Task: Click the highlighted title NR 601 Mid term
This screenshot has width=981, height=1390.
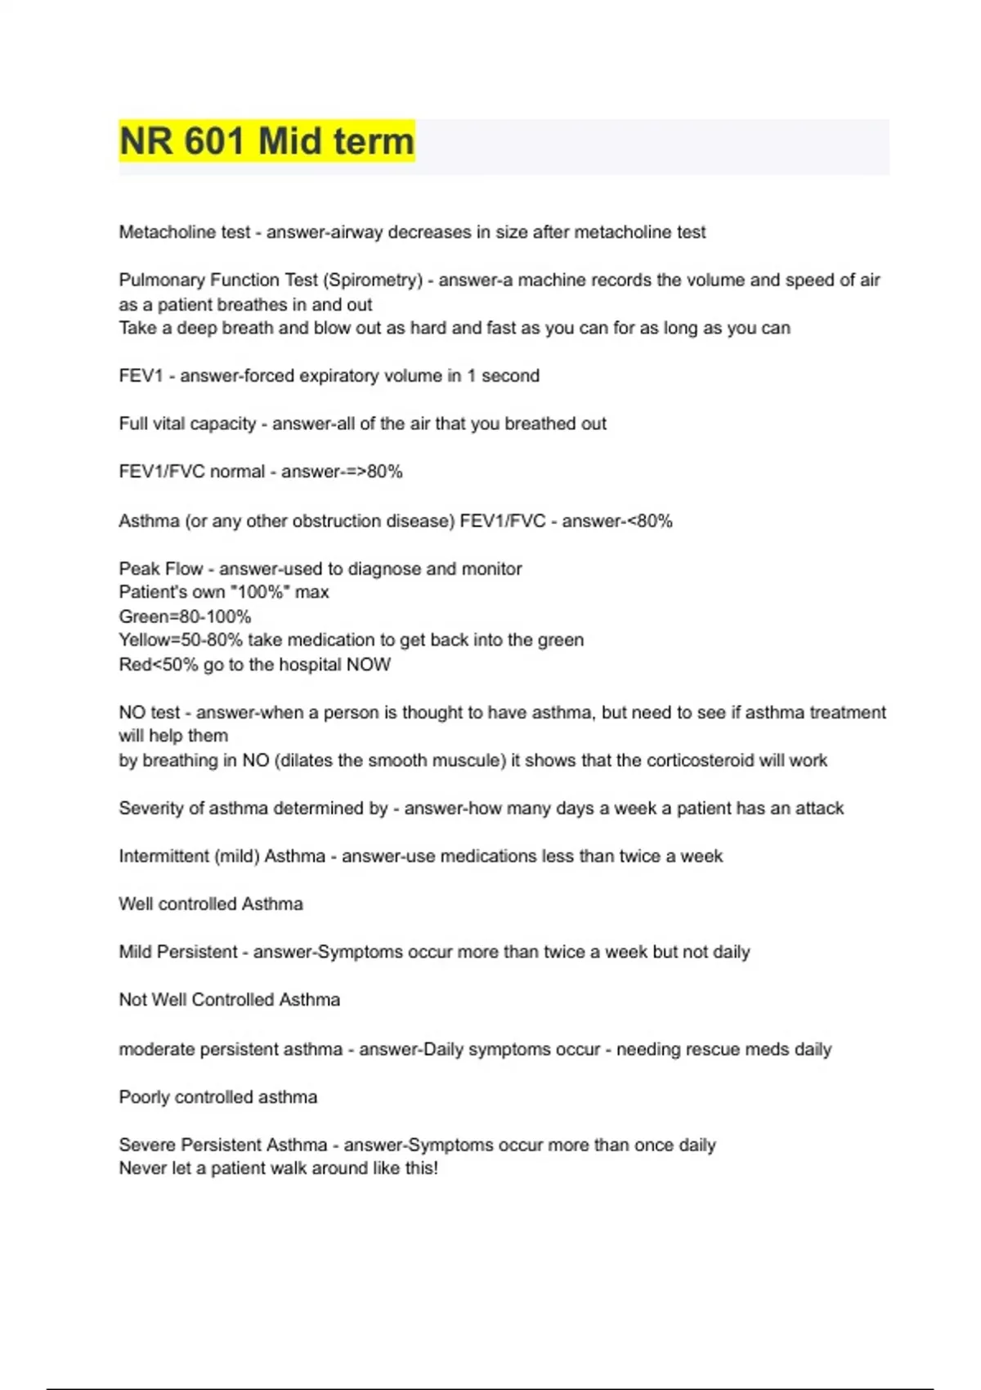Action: [x=267, y=141]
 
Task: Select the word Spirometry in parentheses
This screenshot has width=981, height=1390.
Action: [x=374, y=280]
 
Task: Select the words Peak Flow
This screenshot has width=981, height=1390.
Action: [x=160, y=569]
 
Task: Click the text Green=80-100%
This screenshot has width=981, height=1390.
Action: [x=185, y=617]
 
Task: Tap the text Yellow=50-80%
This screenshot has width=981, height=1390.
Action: [x=180, y=640]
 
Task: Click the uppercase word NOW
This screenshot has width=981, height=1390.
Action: [x=369, y=665]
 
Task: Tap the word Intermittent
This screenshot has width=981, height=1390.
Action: [x=163, y=856]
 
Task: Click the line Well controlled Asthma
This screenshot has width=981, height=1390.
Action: [x=211, y=904]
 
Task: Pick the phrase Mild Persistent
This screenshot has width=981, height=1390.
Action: [x=178, y=952]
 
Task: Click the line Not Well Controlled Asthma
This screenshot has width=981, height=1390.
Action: [x=229, y=1000]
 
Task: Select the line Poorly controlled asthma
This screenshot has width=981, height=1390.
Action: [x=217, y=1097]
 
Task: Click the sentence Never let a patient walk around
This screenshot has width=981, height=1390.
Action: [x=278, y=1168]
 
